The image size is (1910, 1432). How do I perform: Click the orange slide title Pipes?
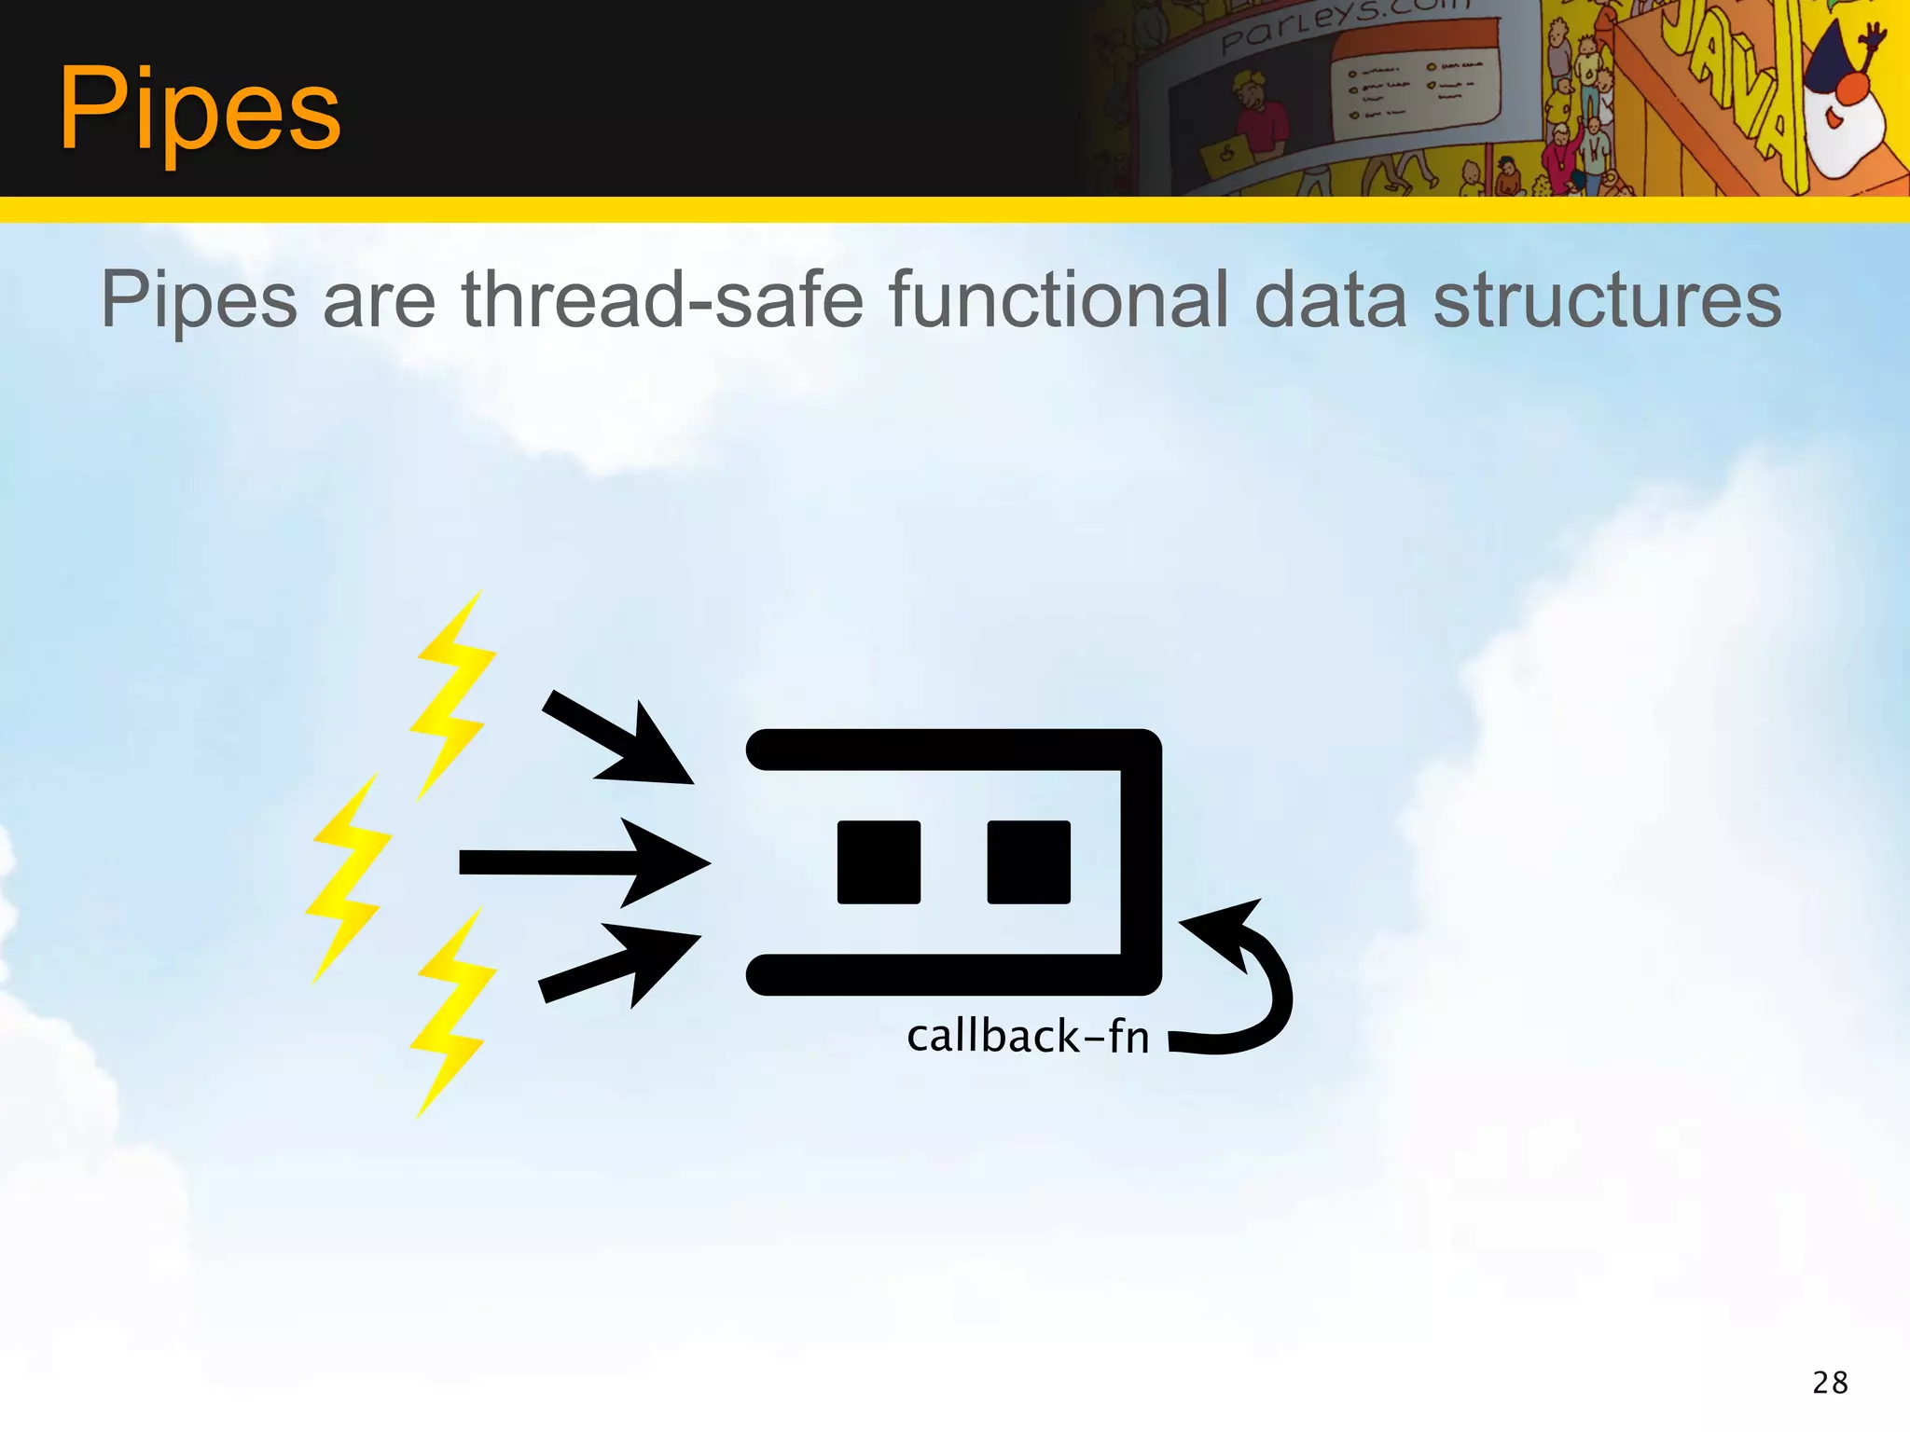pyautogui.click(x=200, y=110)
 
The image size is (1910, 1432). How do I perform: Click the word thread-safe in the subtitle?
pyautogui.click(x=662, y=300)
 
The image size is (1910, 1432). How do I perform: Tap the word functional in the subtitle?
pyautogui.click(x=1059, y=300)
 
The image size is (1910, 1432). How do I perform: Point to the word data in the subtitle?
pyautogui.click(x=1330, y=300)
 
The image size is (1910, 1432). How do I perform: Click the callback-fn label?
pyautogui.click(x=1028, y=1037)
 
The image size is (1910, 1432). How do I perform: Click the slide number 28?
pyautogui.click(x=1830, y=1382)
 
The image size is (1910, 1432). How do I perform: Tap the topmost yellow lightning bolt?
pyautogui.click(x=453, y=695)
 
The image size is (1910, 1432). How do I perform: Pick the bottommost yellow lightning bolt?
pyautogui.click(x=451, y=1012)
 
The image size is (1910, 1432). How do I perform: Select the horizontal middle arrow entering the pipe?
pyautogui.click(x=583, y=862)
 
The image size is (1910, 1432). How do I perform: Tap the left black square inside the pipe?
pyautogui.click(x=879, y=862)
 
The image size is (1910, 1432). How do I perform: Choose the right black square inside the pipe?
pyautogui.click(x=1029, y=862)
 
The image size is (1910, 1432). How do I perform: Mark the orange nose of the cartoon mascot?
pyautogui.click(x=1850, y=89)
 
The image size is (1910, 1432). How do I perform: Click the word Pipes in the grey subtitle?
pyautogui.click(x=199, y=300)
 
